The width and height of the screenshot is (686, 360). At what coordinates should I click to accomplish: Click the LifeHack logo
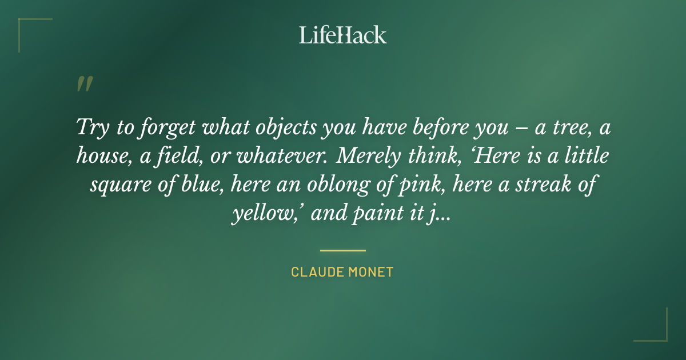(x=343, y=35)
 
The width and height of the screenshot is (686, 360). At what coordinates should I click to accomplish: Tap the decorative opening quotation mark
(x=84, y=84)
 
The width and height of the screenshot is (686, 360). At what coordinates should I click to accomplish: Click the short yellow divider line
(x=342, y=250)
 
